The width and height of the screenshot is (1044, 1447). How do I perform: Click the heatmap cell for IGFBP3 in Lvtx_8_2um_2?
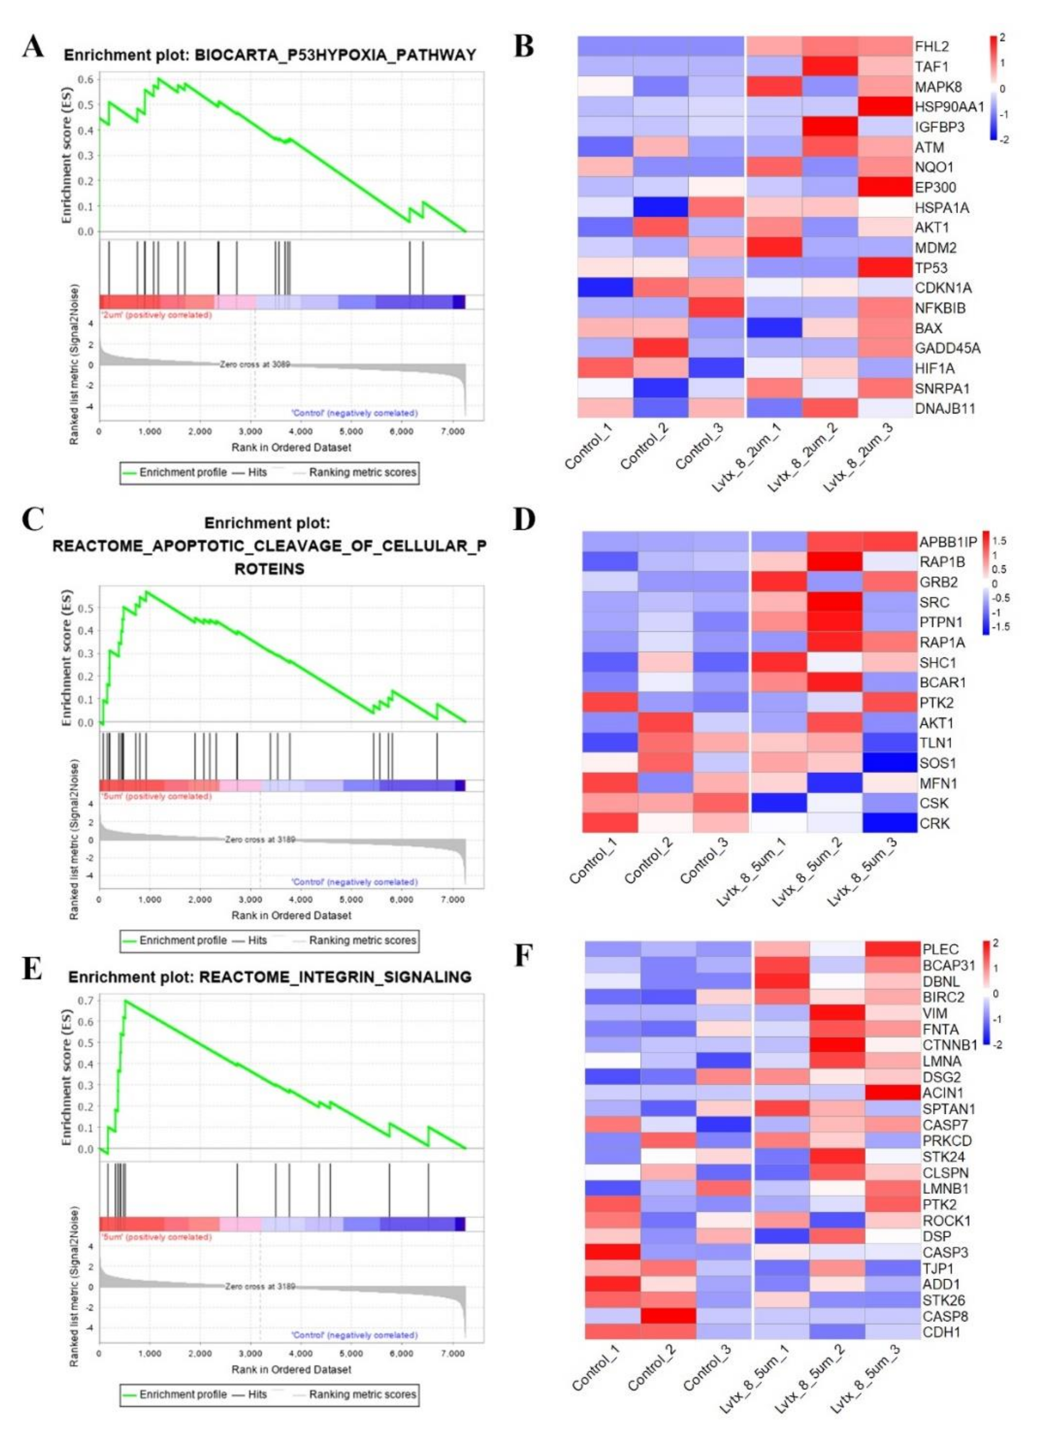pyautogui.click(x=830, y=126)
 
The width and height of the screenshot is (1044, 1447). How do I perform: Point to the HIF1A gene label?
pyautogui.click(x=934, y=368)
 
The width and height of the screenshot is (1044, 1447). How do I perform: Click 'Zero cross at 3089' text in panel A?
pyautogui.click(x=255, y=364)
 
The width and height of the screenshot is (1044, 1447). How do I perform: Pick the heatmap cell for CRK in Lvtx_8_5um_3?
pyautogui.click(x=889, y=823)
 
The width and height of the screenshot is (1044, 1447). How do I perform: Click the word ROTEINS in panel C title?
pyautogui.click(x=269, y=569)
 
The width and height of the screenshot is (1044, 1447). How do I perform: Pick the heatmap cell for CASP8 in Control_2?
pyautogui.click(x=668, y=1316)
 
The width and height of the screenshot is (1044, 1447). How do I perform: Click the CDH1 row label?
pyautogui.click(x=941, y=1332)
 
